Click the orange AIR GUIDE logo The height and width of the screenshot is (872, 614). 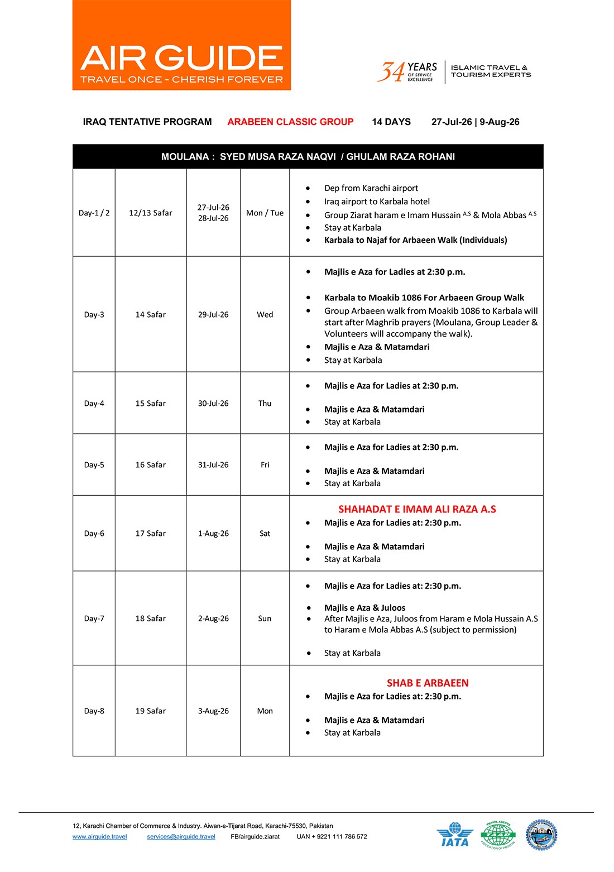181,45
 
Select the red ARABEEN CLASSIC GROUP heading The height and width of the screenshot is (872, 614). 290,122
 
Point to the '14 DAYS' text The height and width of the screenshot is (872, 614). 391,122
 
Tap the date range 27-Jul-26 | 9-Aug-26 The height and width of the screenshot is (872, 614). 475,122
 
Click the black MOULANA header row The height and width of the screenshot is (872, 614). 308,157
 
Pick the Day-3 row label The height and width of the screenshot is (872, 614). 94,314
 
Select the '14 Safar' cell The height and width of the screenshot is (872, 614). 151,314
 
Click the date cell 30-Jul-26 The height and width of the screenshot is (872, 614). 213,403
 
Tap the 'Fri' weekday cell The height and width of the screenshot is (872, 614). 265,464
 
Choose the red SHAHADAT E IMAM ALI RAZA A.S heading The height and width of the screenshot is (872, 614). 417,509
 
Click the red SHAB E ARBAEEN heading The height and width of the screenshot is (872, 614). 428,683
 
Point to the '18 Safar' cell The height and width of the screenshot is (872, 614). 151,618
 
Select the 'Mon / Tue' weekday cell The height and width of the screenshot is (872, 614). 265,213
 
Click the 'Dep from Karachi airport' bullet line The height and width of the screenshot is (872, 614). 371,188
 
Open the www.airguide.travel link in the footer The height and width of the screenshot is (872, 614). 99,836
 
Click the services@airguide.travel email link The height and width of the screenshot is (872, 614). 181,836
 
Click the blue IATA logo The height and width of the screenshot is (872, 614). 455,835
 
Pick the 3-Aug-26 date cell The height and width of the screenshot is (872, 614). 213,711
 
